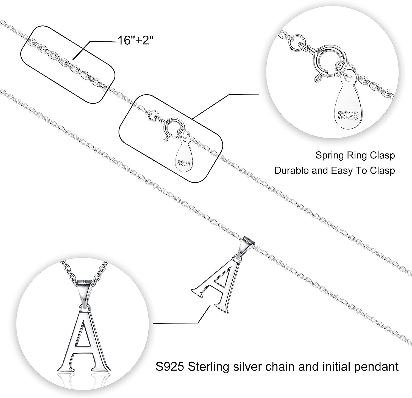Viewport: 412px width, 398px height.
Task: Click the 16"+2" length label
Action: pyautogui.click(x=135, y=41)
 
